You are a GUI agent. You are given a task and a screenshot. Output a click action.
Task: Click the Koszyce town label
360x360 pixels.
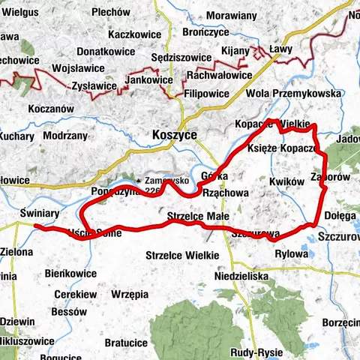pyautogui.click(x=174, y=133)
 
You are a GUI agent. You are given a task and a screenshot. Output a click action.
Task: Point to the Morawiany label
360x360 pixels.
pyautogui.click(x=230, y=15)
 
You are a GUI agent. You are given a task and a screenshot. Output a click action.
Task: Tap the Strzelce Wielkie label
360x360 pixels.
pyautogui.click(x=182, y=255)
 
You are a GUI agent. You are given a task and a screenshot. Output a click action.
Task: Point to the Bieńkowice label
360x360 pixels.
pyautogui.click(x=70, y=274)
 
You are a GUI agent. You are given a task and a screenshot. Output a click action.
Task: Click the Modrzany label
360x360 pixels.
pyautogui.click(x=65, y=136)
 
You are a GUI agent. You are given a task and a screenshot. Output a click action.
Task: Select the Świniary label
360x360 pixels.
pyautogui.click(x=40, y=213)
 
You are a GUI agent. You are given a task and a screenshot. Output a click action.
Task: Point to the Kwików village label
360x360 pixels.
pyautogui.click(x=286, y=181)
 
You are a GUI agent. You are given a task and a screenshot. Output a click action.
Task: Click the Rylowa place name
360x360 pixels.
pyautogui.click(x=292, y=253)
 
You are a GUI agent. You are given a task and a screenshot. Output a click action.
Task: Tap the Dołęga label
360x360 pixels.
pyautogui.click(x=340, y=215)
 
